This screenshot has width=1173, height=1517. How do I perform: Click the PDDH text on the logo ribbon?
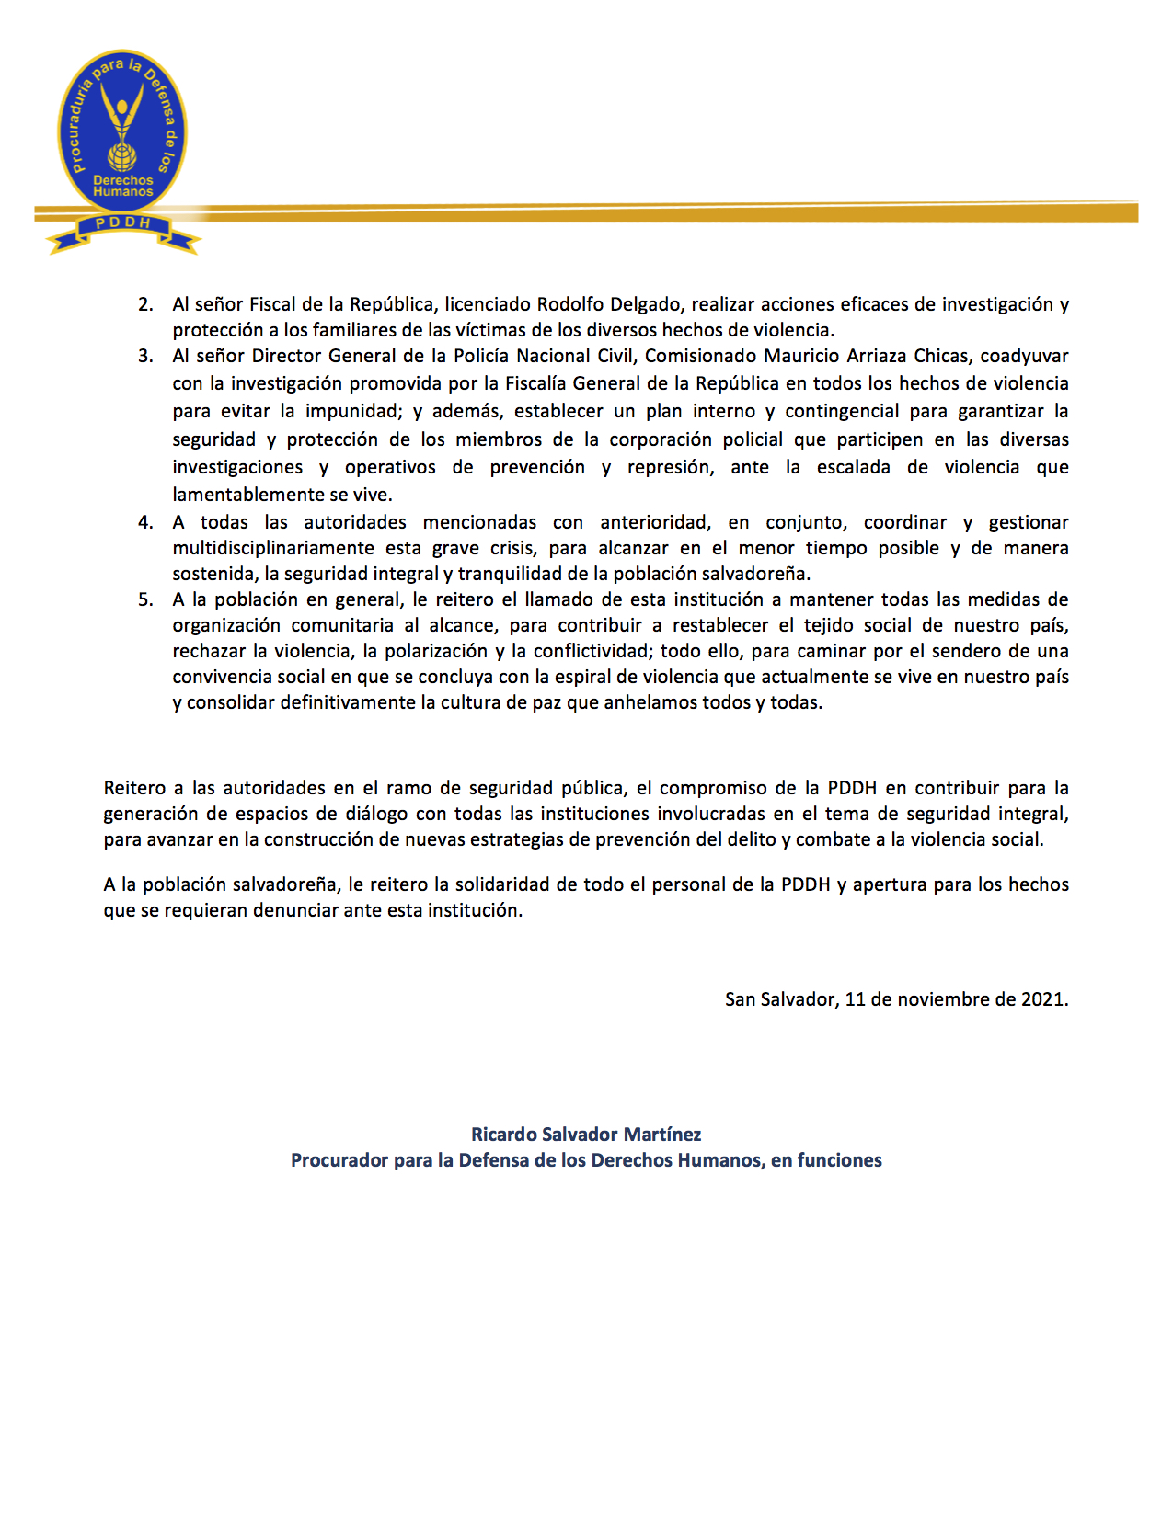[x=123, y=223]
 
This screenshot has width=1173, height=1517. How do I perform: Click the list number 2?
[x=145, y=304]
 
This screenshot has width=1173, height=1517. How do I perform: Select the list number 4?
[x=145, y=522]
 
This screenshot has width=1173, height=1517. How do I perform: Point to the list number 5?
[x=145, y=599]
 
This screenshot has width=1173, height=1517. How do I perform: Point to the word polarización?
[x=436, y=651]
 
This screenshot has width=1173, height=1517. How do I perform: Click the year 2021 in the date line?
[x=1042, y=999]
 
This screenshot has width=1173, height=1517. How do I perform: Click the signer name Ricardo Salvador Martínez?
[x=586, y=1135]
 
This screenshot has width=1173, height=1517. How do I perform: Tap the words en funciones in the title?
[x=826, y=1160]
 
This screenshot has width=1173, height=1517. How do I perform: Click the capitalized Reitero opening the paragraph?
[x=136, y=788]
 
